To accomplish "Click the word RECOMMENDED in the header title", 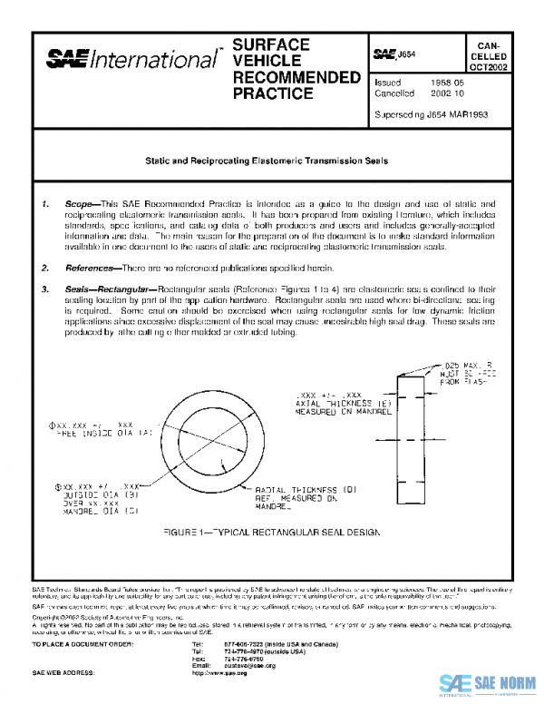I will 283,77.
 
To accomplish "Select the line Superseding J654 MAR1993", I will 432,115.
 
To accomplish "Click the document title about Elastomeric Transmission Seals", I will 267,161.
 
